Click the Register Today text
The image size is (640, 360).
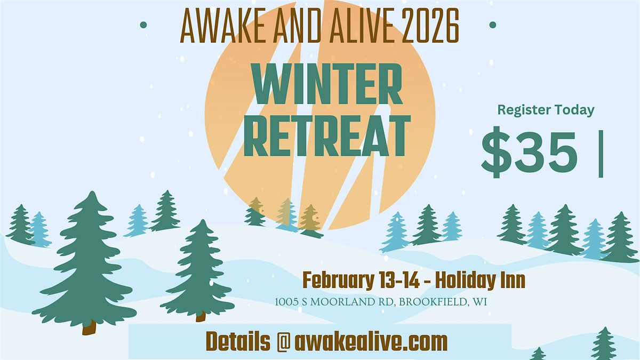click(x=546, y=110)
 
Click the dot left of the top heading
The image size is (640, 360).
click(x=142, y=24)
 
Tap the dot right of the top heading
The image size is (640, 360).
click(x=492, y=25)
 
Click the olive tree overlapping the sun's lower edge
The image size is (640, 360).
click(x=310, y=220)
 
